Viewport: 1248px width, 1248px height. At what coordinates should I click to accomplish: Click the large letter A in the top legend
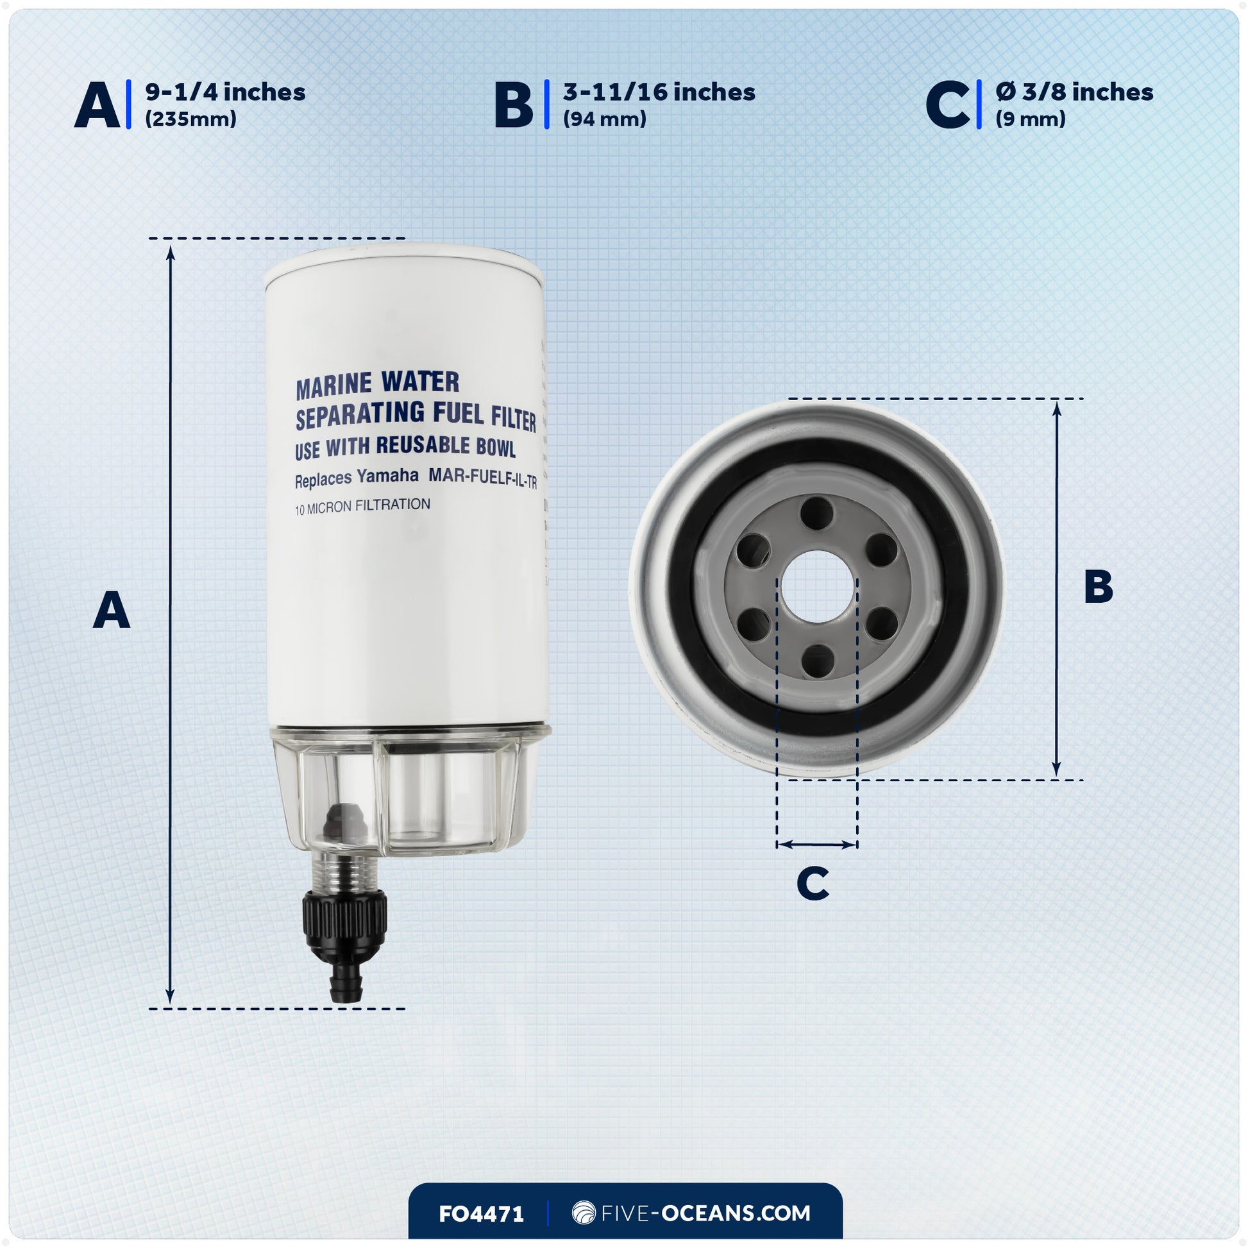pyautogui.click(x=97, y=105)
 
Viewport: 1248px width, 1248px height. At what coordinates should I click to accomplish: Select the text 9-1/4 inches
pyautogui.click(x=226, y=92)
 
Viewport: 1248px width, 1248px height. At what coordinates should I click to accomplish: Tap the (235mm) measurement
pyautogui.click(x=190, y=119)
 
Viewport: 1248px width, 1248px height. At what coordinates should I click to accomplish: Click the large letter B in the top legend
pyautogui.click(x=514, y=105)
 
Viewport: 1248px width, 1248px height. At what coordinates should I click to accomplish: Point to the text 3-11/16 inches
pyautogui.click(x=659, y=92)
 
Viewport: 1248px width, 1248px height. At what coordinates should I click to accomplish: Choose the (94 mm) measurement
pyautogui.click(x=605, y=119)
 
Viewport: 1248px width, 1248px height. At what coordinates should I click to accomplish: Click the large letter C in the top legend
pyautogui.click(x=947, y=105)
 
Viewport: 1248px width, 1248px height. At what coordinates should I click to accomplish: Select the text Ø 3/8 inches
pyautogui.click(x=1074, y=92)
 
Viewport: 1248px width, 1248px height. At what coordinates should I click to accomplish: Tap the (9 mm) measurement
pyautogui.click(x=1031, y=119)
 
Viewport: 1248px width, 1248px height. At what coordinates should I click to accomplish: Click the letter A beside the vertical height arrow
pyautogui.click(x=111, y=611)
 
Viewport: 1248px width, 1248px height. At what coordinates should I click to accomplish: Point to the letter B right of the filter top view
pyautogui.click(x=1098, y=587)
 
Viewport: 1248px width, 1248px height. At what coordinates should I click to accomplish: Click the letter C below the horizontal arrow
pyautogui.click(x=813, y=883)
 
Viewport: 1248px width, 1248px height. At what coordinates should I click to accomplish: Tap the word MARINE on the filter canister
pyautogui.click(x=334, y=385)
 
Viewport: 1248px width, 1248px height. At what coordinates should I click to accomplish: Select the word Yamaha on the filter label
pyautogui.click(x=387, y=477)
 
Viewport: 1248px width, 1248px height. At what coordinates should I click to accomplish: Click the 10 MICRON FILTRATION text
pyautogui.click(x=362, y=507)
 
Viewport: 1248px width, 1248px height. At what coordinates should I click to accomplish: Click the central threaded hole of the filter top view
pyautogui.click(x=816, y=587)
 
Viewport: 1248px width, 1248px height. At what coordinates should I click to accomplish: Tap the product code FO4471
pyautogui.click(x=481, y=1214)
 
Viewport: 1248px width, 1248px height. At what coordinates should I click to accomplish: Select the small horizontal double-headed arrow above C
pyautogui.click(x=816, y=844)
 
